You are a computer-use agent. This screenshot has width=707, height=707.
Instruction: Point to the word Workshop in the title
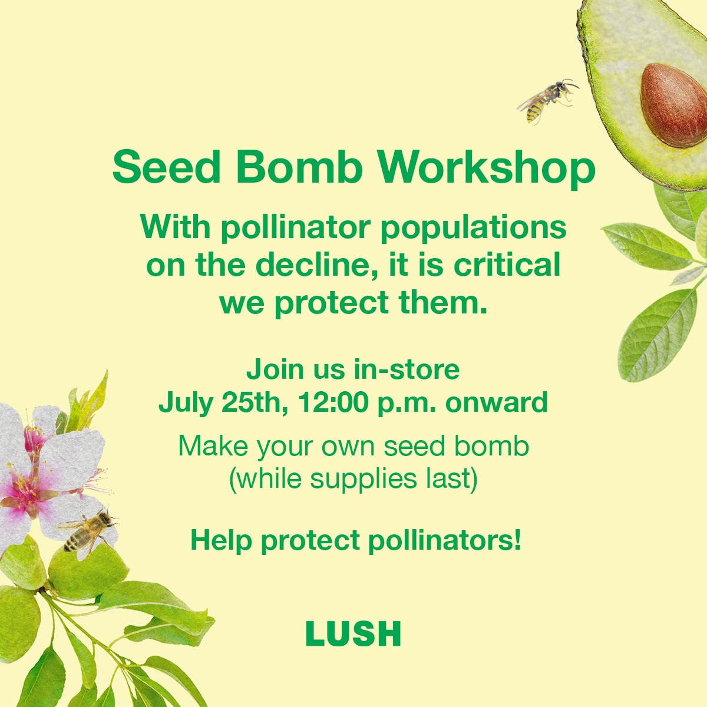tap(487, 170)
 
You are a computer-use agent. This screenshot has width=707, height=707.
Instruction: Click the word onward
tap(497, 402)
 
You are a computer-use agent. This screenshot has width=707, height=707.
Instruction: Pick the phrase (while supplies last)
tap(353, 479)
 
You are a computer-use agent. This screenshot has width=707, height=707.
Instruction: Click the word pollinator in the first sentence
tap(296, 228)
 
